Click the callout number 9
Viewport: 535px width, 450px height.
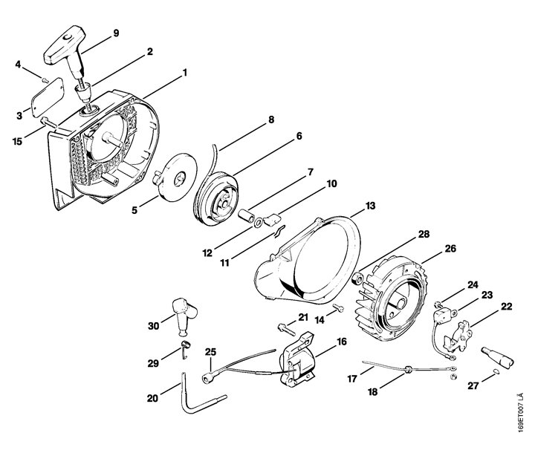116,33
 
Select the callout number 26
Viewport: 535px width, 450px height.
450,250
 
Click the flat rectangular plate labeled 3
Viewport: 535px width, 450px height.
48,97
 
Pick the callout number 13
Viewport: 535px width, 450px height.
370,206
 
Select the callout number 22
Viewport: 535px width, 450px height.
507,306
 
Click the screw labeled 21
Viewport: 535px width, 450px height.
285,328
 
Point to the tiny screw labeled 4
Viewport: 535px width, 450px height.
44,80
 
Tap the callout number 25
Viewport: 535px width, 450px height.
210,351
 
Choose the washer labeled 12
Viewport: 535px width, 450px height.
259,223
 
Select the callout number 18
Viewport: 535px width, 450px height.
372,392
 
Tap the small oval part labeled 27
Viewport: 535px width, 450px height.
496,371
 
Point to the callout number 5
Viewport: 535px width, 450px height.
134,210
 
